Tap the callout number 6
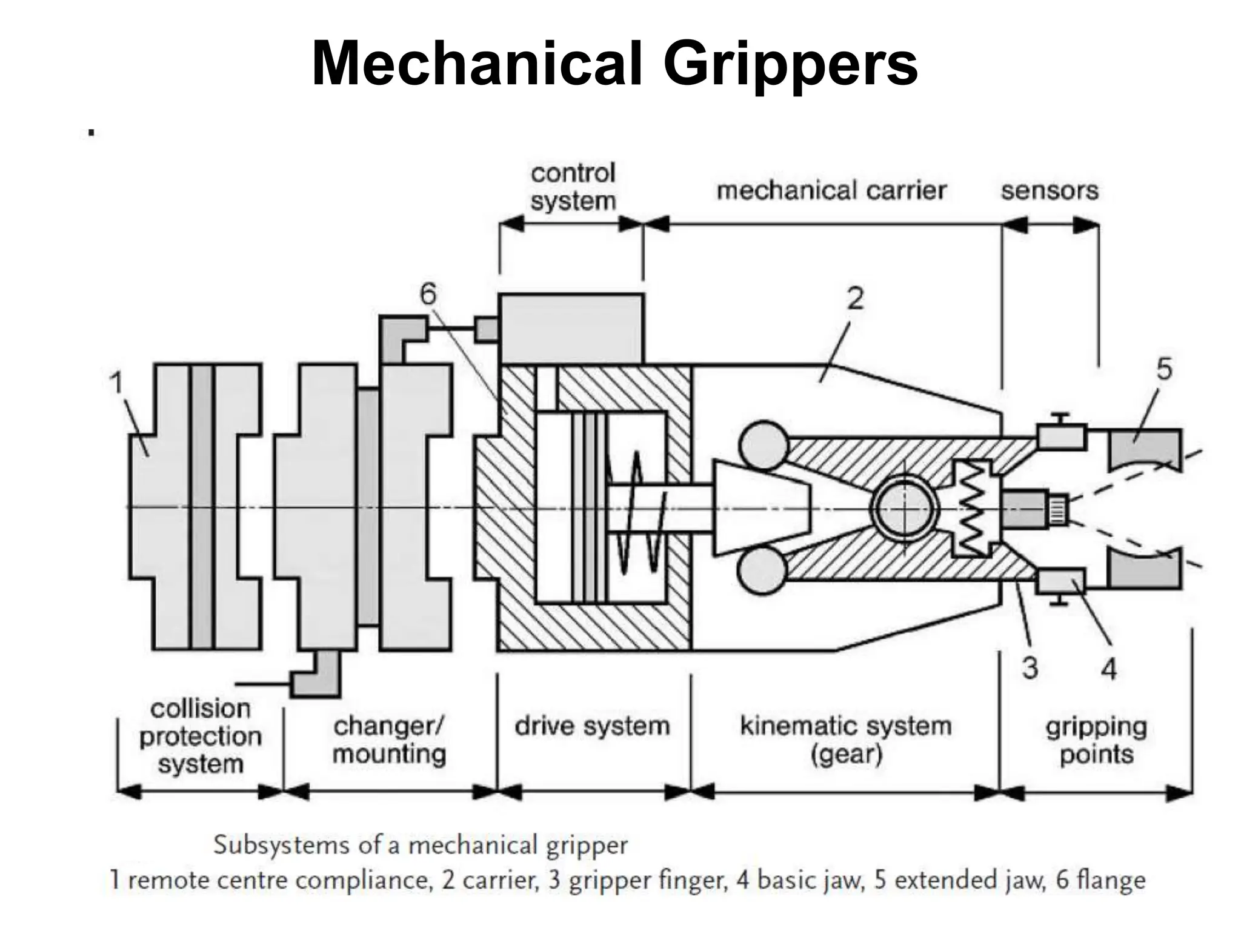click(x=428, y=295)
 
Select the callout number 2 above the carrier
click(x=855, y=299)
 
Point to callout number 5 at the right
click(x=1164, y=369)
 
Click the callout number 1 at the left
click(x=116, y=383)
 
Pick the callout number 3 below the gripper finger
click(x=1030, y=669)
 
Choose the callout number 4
click(x=1108, y=669)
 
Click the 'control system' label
click(x=573, y=187)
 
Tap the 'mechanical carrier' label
click(x=831, y=190)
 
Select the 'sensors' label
click(x=1050, y=190)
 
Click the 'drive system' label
click(x=592, y=726)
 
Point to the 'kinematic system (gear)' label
click(x=846, y=739)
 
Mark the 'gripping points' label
click(x=1096, y=740)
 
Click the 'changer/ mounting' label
click(x=389, y=739)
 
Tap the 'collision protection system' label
click(x=200, y=736)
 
